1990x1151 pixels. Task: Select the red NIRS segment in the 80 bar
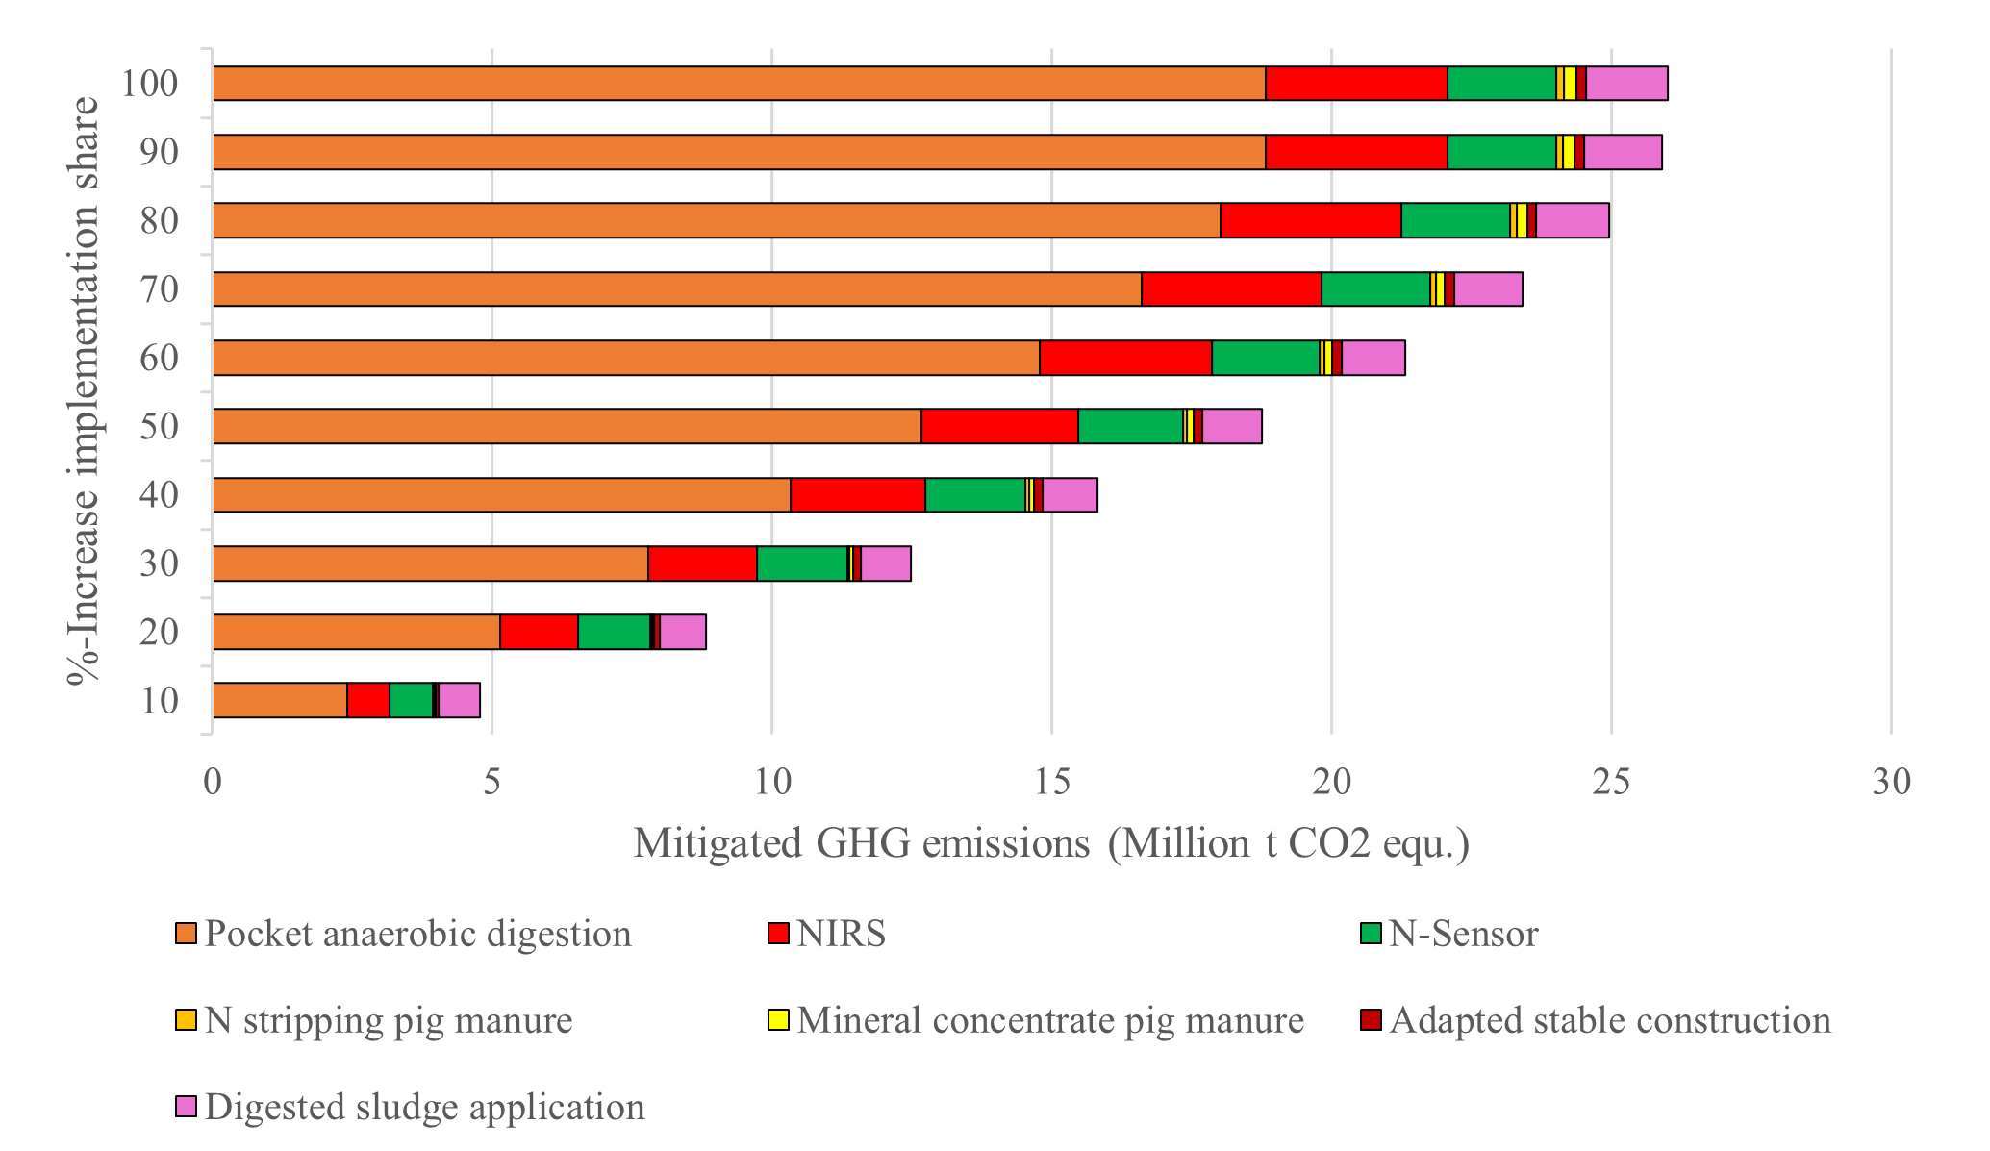pyautogui.click(x=1310, y=220)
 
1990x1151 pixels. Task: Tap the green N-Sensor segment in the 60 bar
pyautogui.click(x=1265, y=358)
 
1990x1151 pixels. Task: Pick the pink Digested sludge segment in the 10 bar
pyautogui.click(x=459, y=700)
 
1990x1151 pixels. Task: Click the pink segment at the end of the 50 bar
pyautogui.click(x=1231, y=426)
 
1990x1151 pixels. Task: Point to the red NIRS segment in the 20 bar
pyautogui.click(x=539, y=632)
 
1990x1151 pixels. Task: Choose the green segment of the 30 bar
pyautogui.click(x=801, y=563)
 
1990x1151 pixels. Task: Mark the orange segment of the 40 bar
pyautogui.click(x=500, y=495)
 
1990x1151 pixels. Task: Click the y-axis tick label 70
pyautogui.click(x=159, y=288)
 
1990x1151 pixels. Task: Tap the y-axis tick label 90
pyautogui.click(x=159, y=152)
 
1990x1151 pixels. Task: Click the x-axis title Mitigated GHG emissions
pyautogui.click(x=1051, y=843)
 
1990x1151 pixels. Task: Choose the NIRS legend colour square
pyautogui.click(x=778, y=934)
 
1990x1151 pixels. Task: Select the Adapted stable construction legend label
pyautogui.click(x=1609, y=1020)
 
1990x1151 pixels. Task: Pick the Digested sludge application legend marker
pyautogui.click(x=187, y=1107)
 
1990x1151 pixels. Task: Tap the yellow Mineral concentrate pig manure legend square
pyautogui.click(x=778, y=1020)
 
